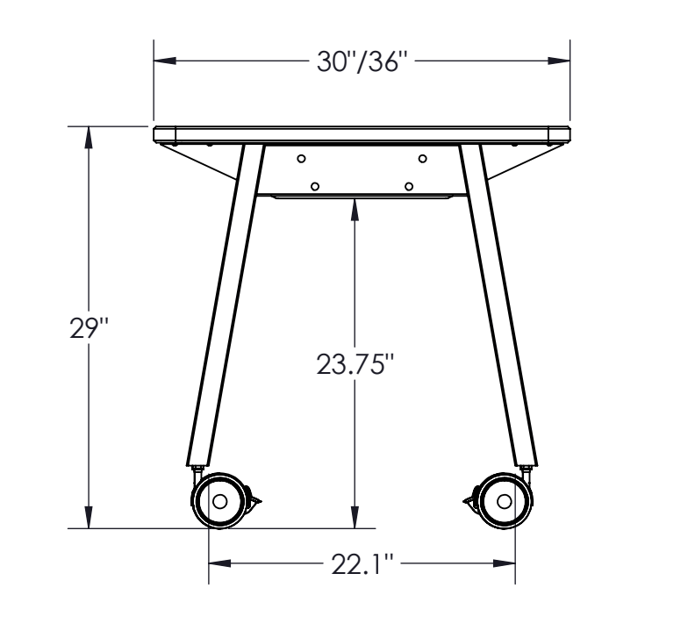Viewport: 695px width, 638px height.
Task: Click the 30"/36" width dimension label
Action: [362, 61]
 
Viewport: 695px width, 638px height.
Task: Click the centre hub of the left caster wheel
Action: [219, 502]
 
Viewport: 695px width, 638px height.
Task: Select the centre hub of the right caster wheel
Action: [504, 502]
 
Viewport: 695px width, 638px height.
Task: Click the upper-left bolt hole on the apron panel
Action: [301, 159]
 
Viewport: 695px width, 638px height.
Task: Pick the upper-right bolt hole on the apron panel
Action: [422, 159]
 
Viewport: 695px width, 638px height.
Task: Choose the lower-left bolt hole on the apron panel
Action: [315, 186]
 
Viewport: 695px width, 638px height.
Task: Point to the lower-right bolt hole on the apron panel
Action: [409, 186]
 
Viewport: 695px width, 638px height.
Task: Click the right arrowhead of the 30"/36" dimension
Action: [561, 61]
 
